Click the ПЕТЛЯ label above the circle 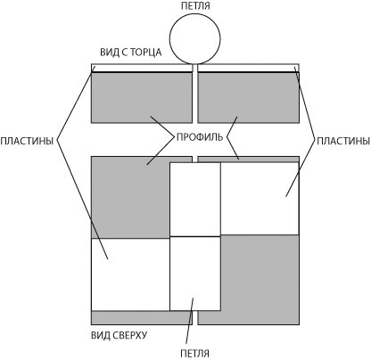point(195,6)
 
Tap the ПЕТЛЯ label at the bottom point(194,354)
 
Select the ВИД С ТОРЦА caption point(131,53)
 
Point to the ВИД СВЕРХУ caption point(119,335)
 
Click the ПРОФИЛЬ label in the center point(200,137)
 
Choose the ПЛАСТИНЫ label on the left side point(27,141)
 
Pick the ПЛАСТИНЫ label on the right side point(343,141)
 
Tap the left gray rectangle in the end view point(142,97)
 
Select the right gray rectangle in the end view point(249,97)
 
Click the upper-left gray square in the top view point(130,197)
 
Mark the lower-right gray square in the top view point(260,280)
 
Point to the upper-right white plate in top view point(260,199)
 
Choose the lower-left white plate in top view point(130,274)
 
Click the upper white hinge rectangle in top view point(195,200)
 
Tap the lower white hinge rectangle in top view point(195,274)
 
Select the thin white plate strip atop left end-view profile point(142,68)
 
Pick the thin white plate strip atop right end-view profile point(249,68)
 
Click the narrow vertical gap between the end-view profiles point(195,94)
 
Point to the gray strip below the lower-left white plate point(142,318)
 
